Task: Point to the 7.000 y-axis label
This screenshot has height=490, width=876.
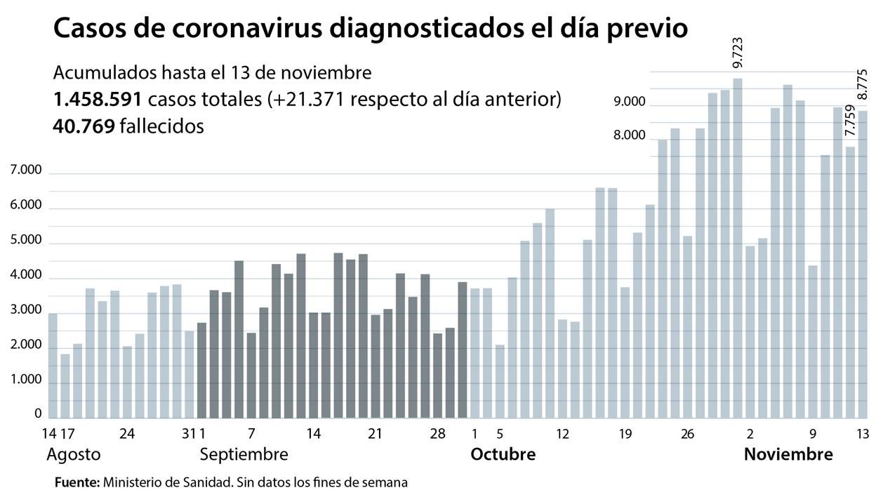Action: (26, 171)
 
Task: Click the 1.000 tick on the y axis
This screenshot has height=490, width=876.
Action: (26, 380)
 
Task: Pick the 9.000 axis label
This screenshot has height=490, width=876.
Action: (629, 102)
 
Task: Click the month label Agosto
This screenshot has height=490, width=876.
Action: (73, 454)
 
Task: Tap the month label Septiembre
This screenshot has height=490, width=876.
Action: (244, 454)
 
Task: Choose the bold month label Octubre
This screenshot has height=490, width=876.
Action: (503, 454)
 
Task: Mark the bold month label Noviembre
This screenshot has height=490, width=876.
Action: (788, 454)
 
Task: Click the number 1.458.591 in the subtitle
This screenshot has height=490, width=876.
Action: (98, 100)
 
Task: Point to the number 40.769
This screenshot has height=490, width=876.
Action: (84, 126)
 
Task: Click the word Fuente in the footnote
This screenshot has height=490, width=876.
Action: (77, 482)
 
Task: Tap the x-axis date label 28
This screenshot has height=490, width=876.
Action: (437, 434)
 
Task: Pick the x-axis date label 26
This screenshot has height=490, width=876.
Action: (687, 434)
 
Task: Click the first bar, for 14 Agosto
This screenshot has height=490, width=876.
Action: (53, 366)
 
